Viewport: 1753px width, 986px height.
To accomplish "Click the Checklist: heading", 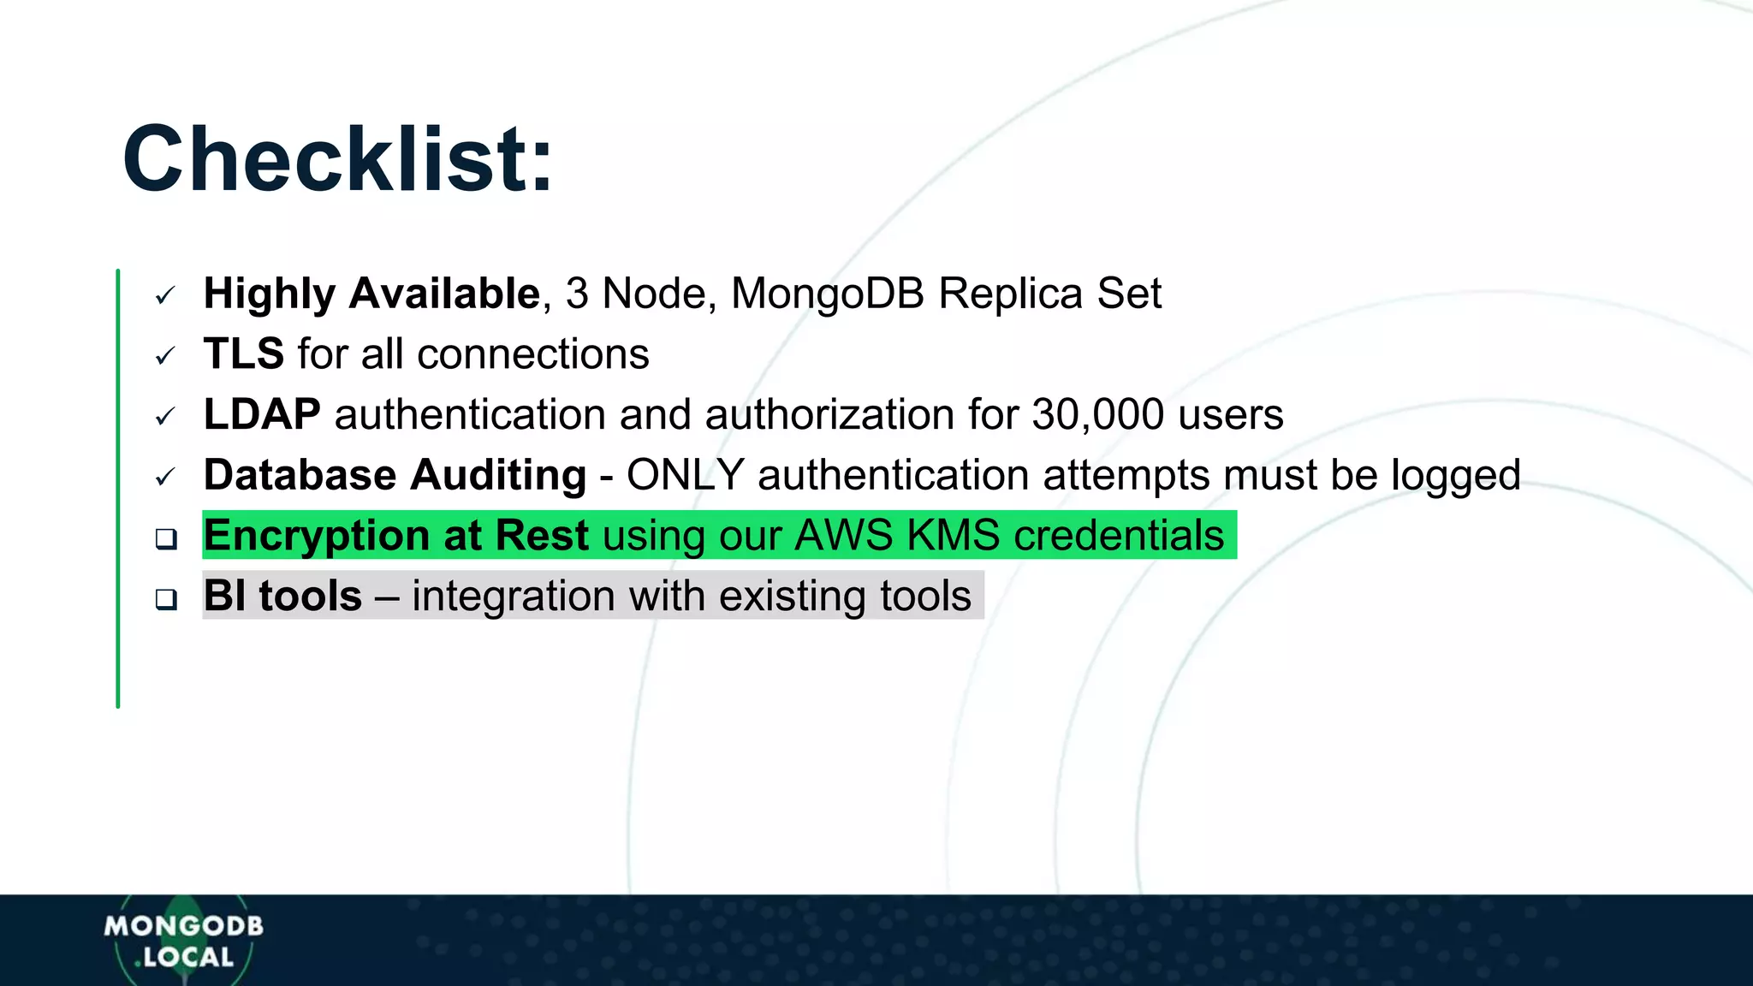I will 337,160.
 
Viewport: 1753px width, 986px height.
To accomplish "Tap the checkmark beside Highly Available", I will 165,296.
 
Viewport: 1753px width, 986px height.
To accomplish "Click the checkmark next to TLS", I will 165,356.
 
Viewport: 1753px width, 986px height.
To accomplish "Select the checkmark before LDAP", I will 165,417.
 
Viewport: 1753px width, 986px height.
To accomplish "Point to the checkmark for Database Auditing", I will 165,477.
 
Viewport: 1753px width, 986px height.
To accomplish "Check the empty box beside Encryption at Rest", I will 166,538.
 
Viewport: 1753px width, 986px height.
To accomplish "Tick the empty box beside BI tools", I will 166,599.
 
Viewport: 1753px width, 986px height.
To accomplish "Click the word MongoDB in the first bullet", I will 828,294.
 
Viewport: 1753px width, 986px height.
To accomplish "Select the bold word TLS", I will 244,353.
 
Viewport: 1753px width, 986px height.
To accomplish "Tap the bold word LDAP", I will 262,414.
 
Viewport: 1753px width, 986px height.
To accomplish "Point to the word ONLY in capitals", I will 685,475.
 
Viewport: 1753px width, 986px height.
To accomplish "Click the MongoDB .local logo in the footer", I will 183,941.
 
